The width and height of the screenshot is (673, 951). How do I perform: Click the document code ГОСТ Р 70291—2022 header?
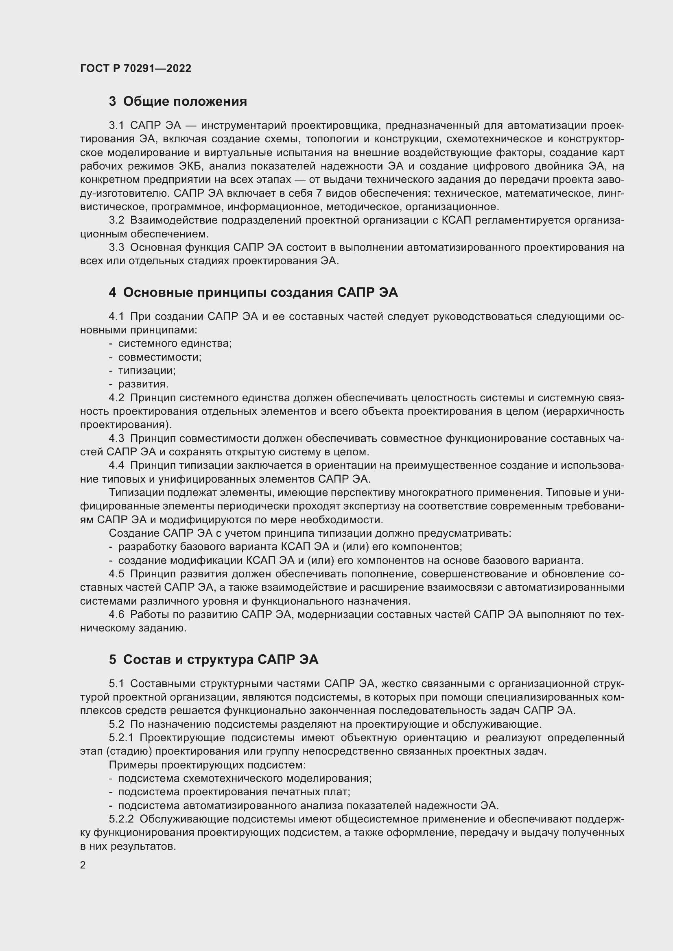click(135, 68)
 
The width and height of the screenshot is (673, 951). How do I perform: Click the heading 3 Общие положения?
click(178, 102)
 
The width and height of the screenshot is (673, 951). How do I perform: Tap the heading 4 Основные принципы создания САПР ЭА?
click(253, 292)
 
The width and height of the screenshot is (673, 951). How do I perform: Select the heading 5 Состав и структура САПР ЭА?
click(214, 659)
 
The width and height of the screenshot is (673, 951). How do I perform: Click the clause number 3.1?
click(116, 126)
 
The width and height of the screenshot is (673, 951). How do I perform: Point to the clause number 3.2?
click(116, 220)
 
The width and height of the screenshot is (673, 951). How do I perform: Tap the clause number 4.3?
click(116, 438)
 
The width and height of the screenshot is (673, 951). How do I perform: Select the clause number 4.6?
click(116, 614)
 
